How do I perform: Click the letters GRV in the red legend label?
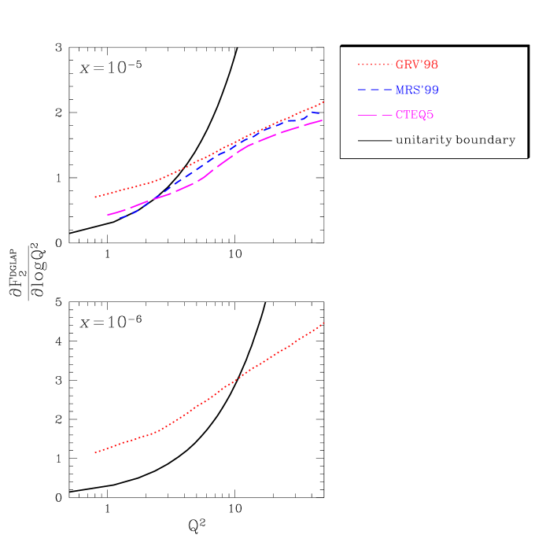tap(407, 65)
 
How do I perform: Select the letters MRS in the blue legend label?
tap(407, 90)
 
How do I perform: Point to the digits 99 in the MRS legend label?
tap(430, 90)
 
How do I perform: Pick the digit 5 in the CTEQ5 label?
tap(430, 115)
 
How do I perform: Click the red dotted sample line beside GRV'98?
tap(375, 65)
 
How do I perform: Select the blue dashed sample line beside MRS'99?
tap(375, 90)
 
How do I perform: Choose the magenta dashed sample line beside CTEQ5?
tap(375, 116)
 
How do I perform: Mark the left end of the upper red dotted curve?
tap(95, 197)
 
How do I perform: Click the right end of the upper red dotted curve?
tap(323, 102)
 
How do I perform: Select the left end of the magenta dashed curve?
tap(108, 215)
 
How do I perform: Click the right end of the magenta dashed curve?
tap(322, 120)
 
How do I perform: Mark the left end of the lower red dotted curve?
tap(95, 452)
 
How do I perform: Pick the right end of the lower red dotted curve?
tap(323, 323)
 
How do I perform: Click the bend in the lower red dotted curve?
tap(160, 430)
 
